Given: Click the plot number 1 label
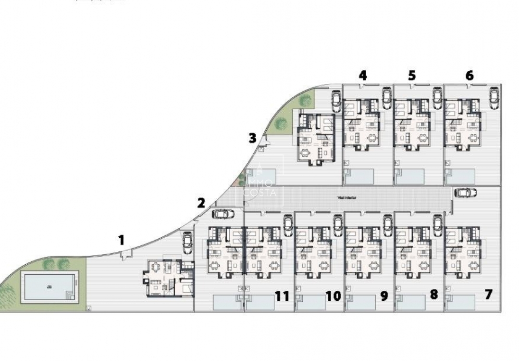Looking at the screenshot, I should pos(122,240).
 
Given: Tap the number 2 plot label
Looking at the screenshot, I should pos(201,203).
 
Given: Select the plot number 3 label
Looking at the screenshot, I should pos(252,139).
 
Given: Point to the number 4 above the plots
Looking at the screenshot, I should pos(363,76).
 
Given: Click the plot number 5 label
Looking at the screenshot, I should pos(412,76).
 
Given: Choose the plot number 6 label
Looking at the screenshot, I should pos(470,76).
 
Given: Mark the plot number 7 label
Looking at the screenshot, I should pos(488,294).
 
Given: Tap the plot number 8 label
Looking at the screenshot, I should pos(434,295).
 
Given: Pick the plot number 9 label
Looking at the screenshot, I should pos(384,296).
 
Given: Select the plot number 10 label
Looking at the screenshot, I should pos(333,296).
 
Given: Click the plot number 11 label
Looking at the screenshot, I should pos(282,296).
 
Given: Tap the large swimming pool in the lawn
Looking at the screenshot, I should pos(49,287).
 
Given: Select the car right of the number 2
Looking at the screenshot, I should pos(223,214).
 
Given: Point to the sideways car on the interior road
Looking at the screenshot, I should pos(465,193).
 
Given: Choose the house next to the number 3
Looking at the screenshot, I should pos(315,139).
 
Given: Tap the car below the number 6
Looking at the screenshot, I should pos(494,98).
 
